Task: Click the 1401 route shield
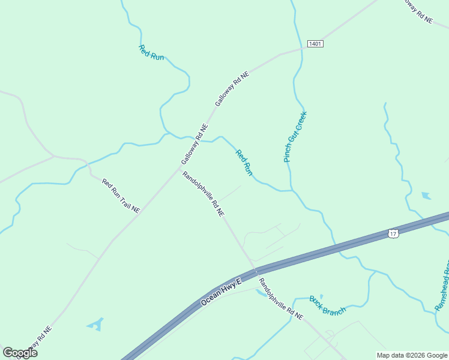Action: pyautogui.click(x=315, y=44)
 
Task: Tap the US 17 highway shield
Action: pyautogui.click(x=393, y=232)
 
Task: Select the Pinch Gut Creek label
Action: pyautogui.click(x=295, y=137)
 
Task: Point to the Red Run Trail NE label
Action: pyautogui.click(x=121, y=196)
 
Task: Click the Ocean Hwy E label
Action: pyautogui.click(x=220, y=292)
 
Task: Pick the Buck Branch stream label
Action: pyautogui.click(x=328, y=305)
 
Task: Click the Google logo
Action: pyautogui.click(x=20, y=353)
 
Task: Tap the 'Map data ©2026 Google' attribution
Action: pyautogui.click(x=412, y=355)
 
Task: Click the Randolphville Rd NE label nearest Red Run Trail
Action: pyautogui.click(x=203, y=194)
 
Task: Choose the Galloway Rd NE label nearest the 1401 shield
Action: pyautogui.click(x=232, y=89)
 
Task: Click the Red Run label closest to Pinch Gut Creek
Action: pyautogui.click(x=244, y=163)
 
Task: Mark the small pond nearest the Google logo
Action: pyautogui.click(x=95, y=325)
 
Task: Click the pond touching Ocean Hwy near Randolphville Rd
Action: pyautogui.click(x=261, y=292)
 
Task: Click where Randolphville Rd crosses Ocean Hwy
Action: pyautogui.click(x=256, y=271)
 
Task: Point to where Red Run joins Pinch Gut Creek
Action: pyautogui.click(x=292, y=190)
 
